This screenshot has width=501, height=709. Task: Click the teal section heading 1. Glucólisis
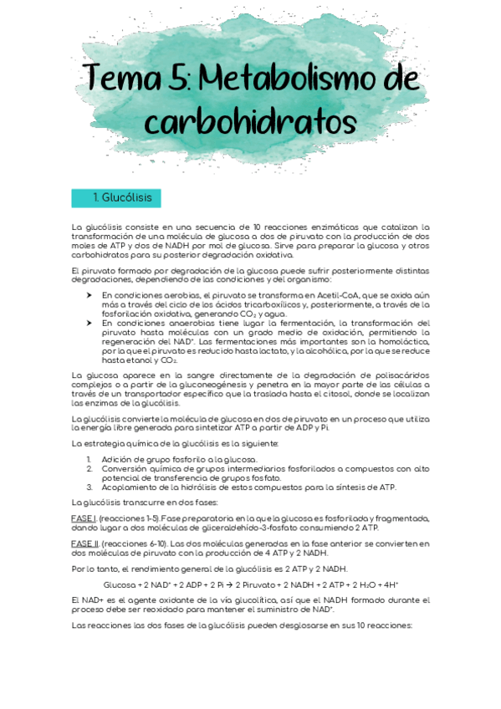(x=116, y=198)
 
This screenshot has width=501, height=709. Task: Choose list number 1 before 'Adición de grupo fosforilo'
(x=89, y=460)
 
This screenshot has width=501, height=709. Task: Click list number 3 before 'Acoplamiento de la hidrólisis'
(x=89, y=487)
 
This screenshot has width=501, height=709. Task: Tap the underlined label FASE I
(x=84, y=518)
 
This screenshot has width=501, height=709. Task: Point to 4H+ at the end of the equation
(x=390, y=584)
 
